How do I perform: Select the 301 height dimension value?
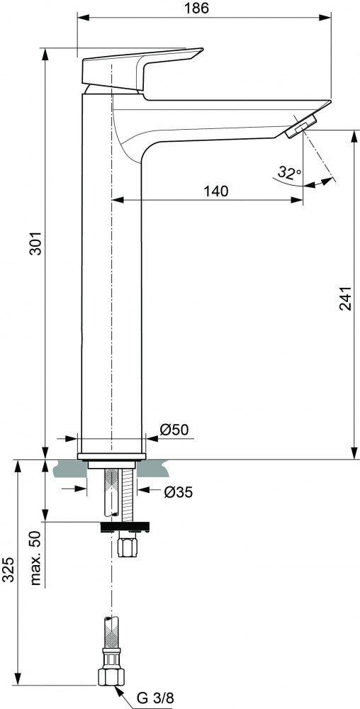(x=35, y=243)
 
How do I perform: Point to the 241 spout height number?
(x=345, y=298)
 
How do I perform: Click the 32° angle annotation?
(x=290, y=172)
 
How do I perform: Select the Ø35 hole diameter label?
(x=178, y=492)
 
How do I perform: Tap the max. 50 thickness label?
(x=35, y=559)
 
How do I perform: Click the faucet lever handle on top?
(x=142, y=70)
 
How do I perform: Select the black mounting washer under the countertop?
(x=124, y=526)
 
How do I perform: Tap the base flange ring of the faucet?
(x=111, y=456)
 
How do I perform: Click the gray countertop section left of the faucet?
(x=71, y=469)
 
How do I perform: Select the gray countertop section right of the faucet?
(x=152, y=469)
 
